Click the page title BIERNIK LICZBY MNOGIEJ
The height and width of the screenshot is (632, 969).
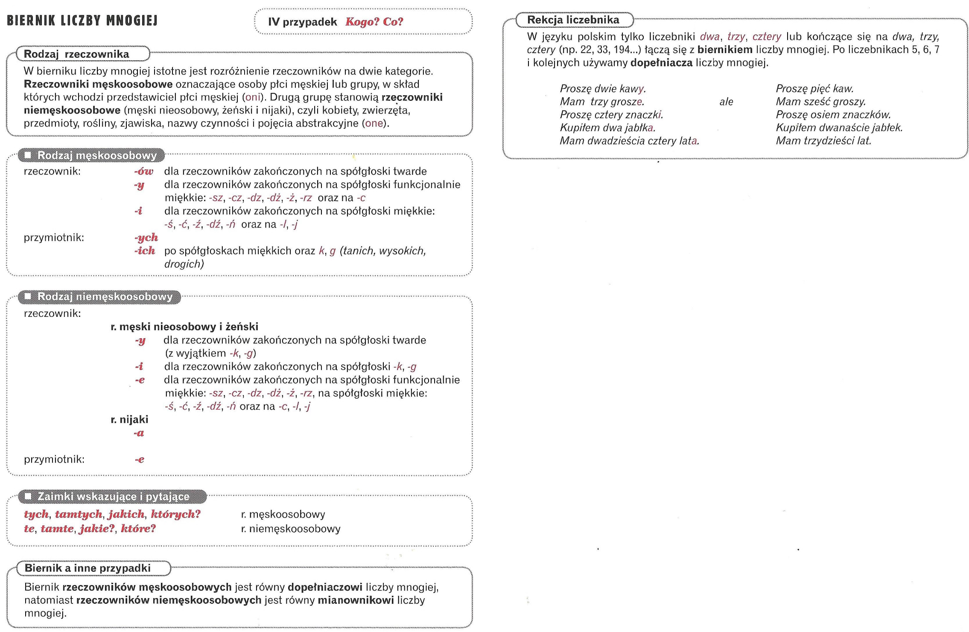coord(82,20)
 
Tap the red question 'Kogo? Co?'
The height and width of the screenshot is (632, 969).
coord(374,22)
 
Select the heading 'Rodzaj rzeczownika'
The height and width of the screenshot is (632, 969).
coord(76,54)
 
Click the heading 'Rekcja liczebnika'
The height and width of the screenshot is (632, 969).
coord(573,20)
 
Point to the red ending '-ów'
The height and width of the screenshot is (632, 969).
coord(143,171)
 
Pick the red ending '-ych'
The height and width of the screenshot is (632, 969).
coord(146,237)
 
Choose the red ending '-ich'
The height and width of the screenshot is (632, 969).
coord(145,251)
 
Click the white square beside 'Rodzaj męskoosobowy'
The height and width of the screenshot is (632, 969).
coord(28,155)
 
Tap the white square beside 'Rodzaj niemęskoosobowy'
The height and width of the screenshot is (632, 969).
coord(28,296)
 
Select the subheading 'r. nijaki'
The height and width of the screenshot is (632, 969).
coord(129,419)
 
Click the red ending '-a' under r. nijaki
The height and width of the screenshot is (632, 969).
coord(139,433)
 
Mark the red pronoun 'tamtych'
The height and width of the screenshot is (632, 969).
coord(79,514)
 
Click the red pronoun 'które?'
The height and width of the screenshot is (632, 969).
coord(138,529)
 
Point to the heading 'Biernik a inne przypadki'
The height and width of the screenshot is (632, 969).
coord(88,568)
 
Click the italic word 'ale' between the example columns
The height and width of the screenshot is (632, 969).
coord(726,102)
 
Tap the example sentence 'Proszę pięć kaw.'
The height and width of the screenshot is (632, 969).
coord(814,89)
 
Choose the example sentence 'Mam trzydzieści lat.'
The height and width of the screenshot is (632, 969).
coord(823,141)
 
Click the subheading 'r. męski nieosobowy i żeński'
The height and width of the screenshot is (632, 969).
coord(184,327)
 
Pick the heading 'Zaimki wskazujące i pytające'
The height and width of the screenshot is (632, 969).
coord(113,497)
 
